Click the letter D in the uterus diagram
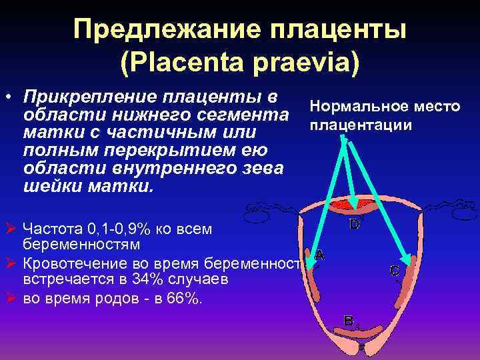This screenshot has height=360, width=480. (355, 225)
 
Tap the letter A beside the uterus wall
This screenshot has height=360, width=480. (319, 254)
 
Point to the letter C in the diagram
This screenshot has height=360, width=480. (394, 271)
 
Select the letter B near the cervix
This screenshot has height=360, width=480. (348, 320)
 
